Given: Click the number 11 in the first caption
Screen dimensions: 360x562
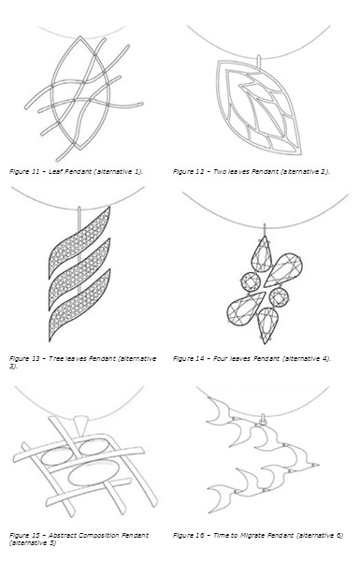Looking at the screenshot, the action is (36, 171).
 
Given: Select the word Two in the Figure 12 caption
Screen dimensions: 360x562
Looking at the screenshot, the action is (220, 171).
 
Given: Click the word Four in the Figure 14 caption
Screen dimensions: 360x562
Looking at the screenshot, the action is (220, 358).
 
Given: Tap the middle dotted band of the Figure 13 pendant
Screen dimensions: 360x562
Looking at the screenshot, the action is (79, 274).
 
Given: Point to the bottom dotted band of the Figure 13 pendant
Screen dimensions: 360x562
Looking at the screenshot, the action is (79, 306).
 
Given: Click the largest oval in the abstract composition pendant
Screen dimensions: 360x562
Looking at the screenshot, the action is (94, 472).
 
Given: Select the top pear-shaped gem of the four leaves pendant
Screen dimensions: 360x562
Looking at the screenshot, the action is (262, 254).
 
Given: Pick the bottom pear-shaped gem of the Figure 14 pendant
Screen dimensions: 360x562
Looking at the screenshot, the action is (267, 325).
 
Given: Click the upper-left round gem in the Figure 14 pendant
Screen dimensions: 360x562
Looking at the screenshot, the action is (251, 281).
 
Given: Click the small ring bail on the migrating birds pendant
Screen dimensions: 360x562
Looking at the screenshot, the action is (263, 419).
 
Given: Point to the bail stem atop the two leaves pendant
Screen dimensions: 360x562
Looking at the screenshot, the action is (259, 61).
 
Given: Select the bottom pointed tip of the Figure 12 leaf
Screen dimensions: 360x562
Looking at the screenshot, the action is (300, 153).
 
